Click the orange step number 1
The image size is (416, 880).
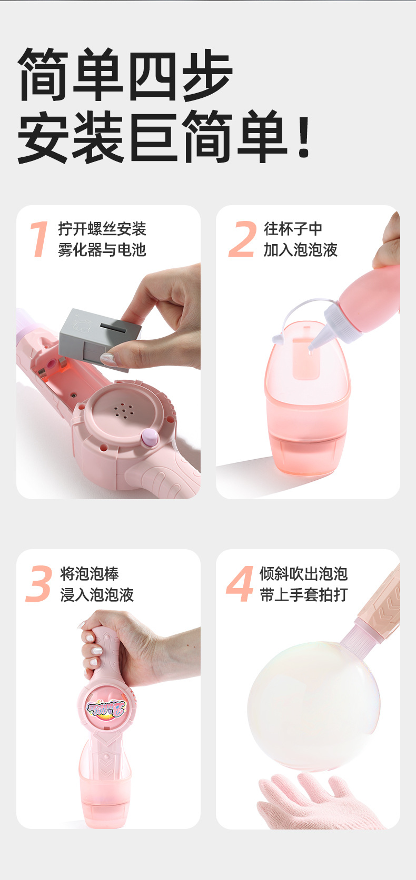tap(39, 239)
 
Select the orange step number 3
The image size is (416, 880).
tap(39, 584)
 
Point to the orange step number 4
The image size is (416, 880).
tap(240, 584)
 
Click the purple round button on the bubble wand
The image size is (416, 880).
tap(150, 437)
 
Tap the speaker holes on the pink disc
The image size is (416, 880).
tap(123, 410)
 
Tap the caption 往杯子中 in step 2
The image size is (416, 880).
tap(293, 229)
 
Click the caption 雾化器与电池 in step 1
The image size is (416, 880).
tap(102, 250)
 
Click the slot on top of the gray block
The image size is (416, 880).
tap(114, 328)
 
